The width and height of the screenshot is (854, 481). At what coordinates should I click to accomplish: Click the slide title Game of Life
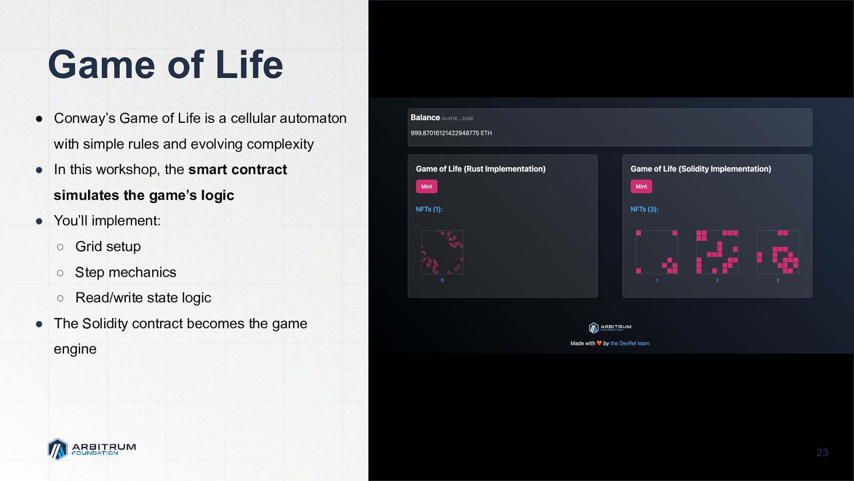tap(165, 64)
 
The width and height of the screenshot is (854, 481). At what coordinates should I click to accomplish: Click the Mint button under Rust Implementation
tap(426, 187)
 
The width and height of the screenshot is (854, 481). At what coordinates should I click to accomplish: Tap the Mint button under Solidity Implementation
tap(641, 187)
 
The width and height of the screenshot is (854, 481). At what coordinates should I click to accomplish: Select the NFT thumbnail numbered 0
tap(442, 252)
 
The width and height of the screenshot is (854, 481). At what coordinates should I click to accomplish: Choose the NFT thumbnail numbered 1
tap(657, 252)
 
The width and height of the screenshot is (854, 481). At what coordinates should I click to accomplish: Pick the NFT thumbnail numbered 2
tap(717, 252)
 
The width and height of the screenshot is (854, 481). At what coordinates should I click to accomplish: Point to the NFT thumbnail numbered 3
tap(778, 252)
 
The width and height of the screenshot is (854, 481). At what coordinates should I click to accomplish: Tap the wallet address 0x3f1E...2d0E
tap(458, 119)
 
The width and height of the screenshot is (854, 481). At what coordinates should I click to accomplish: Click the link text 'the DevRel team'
tap(630, 343)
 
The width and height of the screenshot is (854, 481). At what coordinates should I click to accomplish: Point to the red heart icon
tap(599, 343)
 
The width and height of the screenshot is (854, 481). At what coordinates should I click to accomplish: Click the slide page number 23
tap(823, 452)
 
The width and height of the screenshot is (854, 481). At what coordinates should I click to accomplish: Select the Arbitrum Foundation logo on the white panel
tap(92, 449)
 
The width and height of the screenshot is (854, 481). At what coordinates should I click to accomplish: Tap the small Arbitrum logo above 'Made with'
tap(610, 328)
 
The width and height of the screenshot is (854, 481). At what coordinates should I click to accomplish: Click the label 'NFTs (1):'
tap(429, 209)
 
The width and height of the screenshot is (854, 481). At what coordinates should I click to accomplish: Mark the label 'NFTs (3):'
tap(644, 209)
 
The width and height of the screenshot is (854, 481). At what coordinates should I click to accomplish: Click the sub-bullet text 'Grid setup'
tap(108, 246)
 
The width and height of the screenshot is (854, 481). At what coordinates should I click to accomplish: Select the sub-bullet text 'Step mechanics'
tap(126, 272)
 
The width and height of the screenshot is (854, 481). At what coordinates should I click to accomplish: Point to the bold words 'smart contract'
tap(238, 169)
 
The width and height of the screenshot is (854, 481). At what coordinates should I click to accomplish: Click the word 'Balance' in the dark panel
tap(425, 118)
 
